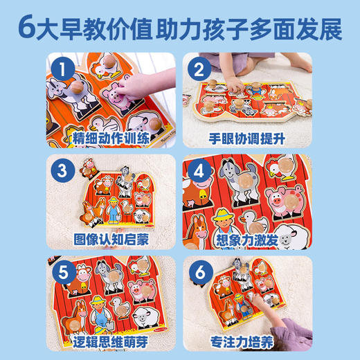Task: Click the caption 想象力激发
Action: point(247,240)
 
